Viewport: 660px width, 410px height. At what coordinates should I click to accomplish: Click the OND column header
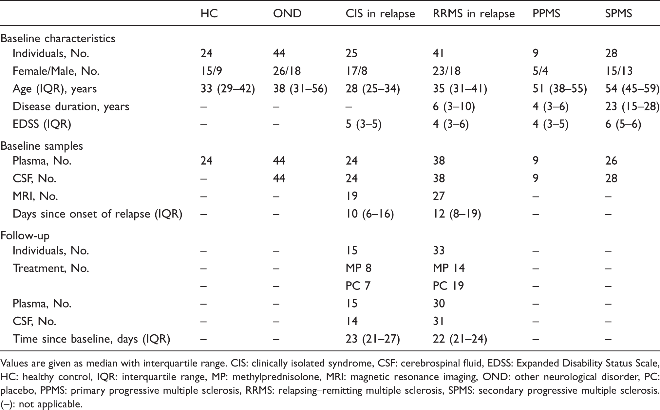tap(287, 14)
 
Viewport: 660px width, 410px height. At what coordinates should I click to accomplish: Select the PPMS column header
tap(546, 14)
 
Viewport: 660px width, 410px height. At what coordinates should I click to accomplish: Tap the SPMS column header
tap(619, 14)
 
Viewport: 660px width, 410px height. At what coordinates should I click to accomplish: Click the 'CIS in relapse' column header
tap(380, 14)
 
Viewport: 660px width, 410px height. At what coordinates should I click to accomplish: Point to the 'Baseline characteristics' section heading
tap(58, 38)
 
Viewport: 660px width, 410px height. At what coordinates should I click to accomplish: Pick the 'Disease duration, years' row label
tap(71, 107)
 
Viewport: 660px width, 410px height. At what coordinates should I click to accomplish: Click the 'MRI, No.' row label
tap(35, 196)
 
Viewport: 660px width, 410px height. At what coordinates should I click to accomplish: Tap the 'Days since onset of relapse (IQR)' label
tap(97, 214)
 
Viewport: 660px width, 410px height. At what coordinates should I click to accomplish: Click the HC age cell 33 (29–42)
tap(228, 89)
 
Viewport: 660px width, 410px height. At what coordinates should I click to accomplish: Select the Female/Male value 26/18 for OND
tap(287, 71)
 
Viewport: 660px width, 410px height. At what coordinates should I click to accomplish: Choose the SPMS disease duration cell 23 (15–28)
tap(632, 107)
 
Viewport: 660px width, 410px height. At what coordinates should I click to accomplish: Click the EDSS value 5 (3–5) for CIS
tap(364, 124)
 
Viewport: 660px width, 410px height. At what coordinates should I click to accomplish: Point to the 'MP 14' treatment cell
tap(449, 268)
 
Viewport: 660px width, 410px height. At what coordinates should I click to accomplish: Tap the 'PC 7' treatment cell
tap(359, 286)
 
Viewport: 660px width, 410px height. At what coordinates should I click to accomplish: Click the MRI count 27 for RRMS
tap(439, 196)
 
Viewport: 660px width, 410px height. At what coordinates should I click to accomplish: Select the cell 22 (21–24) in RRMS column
tap(460, 339)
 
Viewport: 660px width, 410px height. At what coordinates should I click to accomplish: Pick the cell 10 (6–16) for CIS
tap(370, 214)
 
